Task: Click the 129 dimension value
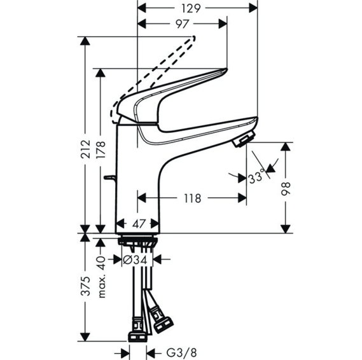pyautogui.click(x=190, y=9)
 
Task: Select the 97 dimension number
pyautogui.click(x=182, y=24)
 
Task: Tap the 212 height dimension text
pyautogui.click(x=85, y=149)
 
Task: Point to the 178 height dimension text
pyautogui.click(x=101, y=149)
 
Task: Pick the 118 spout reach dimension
pyautogui.click(x=193, y=198)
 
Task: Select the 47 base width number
pyautogui.click(x=139, y=223)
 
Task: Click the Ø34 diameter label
pyautogui.click(x=135, y=260)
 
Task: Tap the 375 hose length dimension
pyautogui.click(x=85, y=286)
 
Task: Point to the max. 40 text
pyautogui.click(x=101, y=277)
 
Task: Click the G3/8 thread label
pyautogui.click(x=182, y=353)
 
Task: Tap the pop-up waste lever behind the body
pyautogui.click(x=110, y=178)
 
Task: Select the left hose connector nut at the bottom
pyautogui.click(x=137, y=336)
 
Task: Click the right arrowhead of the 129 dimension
pyautogui.click(x=253, y=9)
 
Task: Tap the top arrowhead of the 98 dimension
pyautogui.click(x=286, y=147)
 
